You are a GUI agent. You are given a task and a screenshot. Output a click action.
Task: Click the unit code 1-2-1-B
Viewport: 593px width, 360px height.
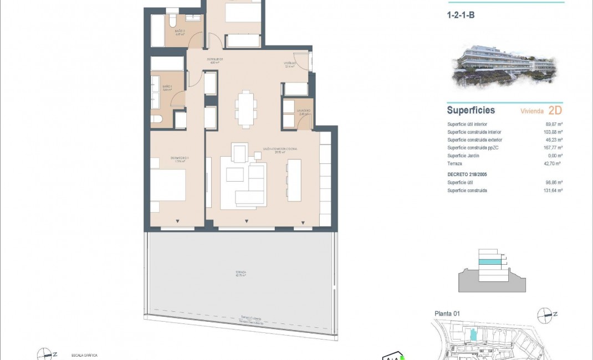click(461, 16)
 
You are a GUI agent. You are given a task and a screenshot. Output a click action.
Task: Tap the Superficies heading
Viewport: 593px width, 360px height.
click(471, 110)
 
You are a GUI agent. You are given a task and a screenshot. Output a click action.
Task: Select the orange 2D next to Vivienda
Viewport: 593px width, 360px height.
click(555, 110)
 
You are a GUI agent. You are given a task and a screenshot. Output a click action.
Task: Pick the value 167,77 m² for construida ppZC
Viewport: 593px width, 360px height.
click(553, 148)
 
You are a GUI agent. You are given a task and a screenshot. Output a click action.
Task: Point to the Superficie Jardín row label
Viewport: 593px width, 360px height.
click(464, 156)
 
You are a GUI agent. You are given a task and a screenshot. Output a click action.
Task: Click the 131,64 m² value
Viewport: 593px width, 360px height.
click(553, 191)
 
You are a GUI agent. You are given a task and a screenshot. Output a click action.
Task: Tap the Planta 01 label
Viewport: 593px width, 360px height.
click(448, 314)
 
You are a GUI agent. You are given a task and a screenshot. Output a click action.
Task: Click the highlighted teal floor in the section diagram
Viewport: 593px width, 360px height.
click(489, 261)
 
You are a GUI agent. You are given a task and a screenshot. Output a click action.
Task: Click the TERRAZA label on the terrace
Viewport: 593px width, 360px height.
click(241, 273)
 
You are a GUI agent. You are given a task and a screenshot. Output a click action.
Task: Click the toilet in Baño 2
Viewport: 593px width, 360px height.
click(172, 21)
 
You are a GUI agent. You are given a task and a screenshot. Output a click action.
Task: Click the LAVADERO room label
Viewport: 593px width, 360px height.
click(304, 111)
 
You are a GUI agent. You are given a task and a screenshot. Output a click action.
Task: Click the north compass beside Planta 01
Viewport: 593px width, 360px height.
click(546, 315)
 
